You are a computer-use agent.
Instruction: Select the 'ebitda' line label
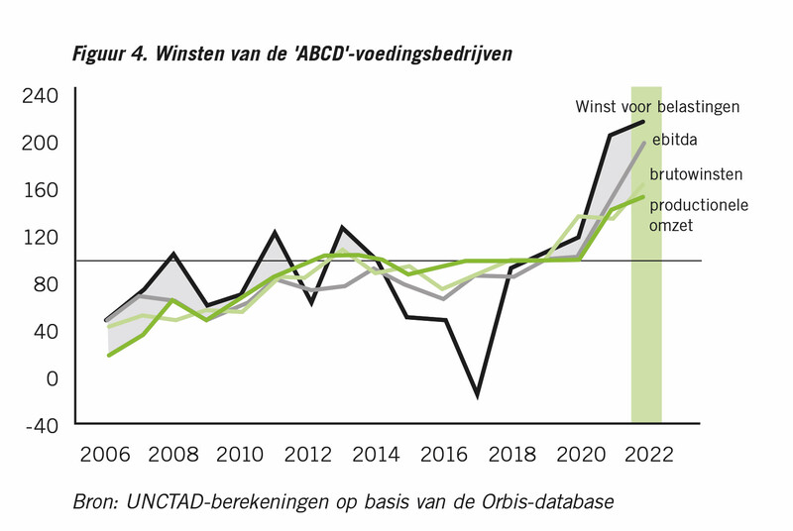[x=675, y=140]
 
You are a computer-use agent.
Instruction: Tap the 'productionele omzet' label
[x=698, y=215]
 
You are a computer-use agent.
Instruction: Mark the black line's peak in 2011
[x=275, y=233]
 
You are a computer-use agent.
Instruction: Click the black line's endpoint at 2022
[x=644, y=122]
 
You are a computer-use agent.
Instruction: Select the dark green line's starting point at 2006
[x=107, y=355]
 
